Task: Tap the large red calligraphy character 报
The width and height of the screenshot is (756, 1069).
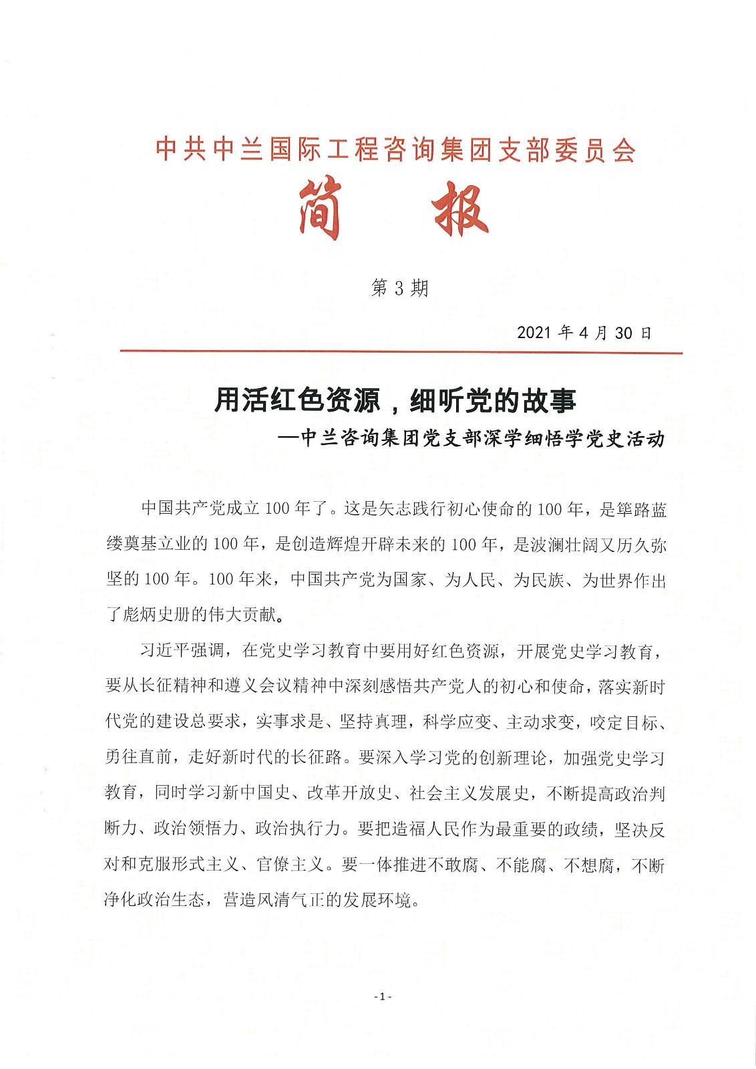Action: (x=460, y=208)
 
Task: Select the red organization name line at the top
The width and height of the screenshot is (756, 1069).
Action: (x=395, y=149)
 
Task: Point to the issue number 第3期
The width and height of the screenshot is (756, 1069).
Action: (x=399, y=288)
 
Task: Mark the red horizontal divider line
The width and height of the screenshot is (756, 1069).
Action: (x=401, y=351)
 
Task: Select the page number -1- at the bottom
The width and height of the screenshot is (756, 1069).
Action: (x=382, y=996)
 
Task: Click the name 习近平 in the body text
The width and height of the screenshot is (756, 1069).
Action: (x=164, y=651)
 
